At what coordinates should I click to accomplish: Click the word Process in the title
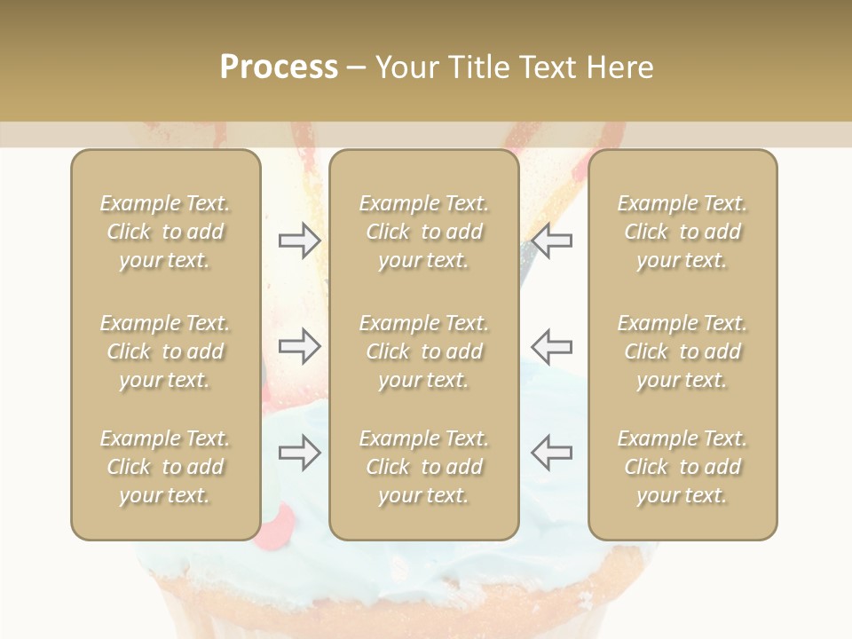279,67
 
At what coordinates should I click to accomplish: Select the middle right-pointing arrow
300,345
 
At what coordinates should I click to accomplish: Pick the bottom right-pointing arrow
300,454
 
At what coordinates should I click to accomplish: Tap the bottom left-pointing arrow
551,452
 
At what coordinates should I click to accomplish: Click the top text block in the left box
165,232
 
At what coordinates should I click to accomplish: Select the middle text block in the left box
165,351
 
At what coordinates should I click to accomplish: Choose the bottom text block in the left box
165,467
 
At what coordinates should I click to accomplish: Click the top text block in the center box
423,232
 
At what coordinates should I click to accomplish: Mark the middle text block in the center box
423,351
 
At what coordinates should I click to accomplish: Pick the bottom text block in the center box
423,467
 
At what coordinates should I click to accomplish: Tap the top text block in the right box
682,232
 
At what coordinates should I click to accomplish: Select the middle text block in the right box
682,351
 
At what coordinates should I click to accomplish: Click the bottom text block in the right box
682,467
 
